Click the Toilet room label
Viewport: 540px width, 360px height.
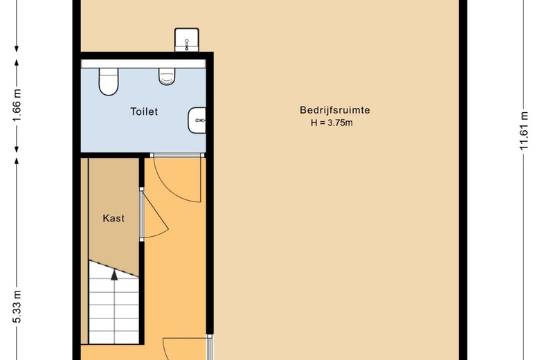(x=144, y=111)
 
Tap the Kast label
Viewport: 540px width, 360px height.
(x=114, y=218)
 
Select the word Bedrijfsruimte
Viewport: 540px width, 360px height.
(x=335, y=110)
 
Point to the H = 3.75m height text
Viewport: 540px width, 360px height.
(x=332, y=123)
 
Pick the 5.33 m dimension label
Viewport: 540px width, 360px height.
(x=17, y=306)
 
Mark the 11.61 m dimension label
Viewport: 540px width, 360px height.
(x=523, y=131)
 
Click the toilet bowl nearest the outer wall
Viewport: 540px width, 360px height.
(x=109, y=82)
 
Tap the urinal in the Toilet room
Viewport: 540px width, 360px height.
(x=167, y=76)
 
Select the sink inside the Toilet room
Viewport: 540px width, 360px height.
(x=197, y=120)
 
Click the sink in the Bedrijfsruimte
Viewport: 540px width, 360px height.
(x=187, y=40)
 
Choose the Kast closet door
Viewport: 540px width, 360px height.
(x=156, y=215)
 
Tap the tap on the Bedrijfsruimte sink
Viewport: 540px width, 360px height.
(x=187, y=45)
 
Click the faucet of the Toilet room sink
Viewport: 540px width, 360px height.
(x=200, y=120)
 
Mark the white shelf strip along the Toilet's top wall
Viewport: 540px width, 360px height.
(x=143, y=64)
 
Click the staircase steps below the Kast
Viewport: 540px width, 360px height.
(x=114, y=303)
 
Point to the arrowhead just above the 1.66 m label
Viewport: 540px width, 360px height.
(x=17, y=62)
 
